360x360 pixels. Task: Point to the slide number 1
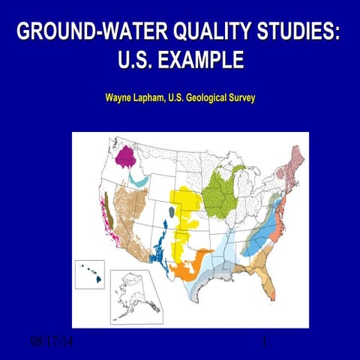click(265, 343)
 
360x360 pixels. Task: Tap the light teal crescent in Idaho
click(138, 180)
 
